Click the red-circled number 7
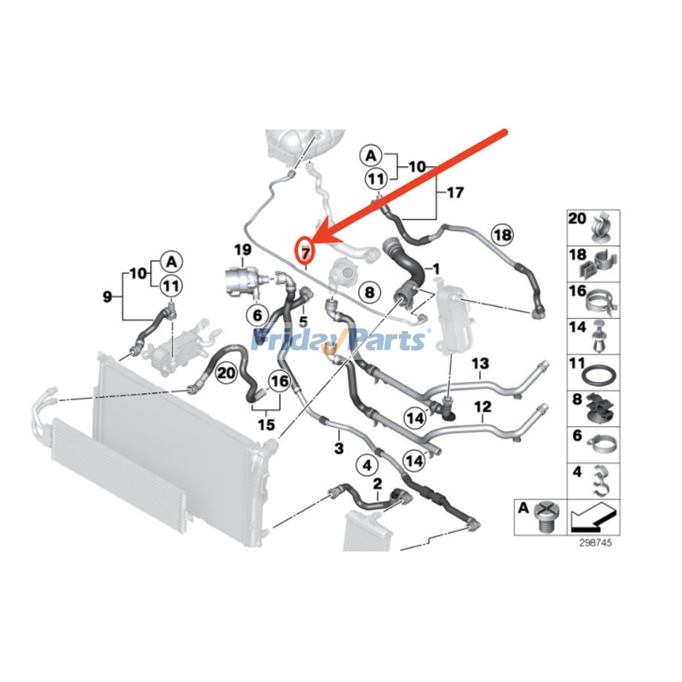[304, 250]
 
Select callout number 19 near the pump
[243, 250]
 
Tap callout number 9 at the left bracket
[107, 297]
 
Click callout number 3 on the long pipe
[338, 448]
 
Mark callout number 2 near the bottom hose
[377, 483]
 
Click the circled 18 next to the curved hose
[503, 234]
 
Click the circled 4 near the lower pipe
[367, 465]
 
